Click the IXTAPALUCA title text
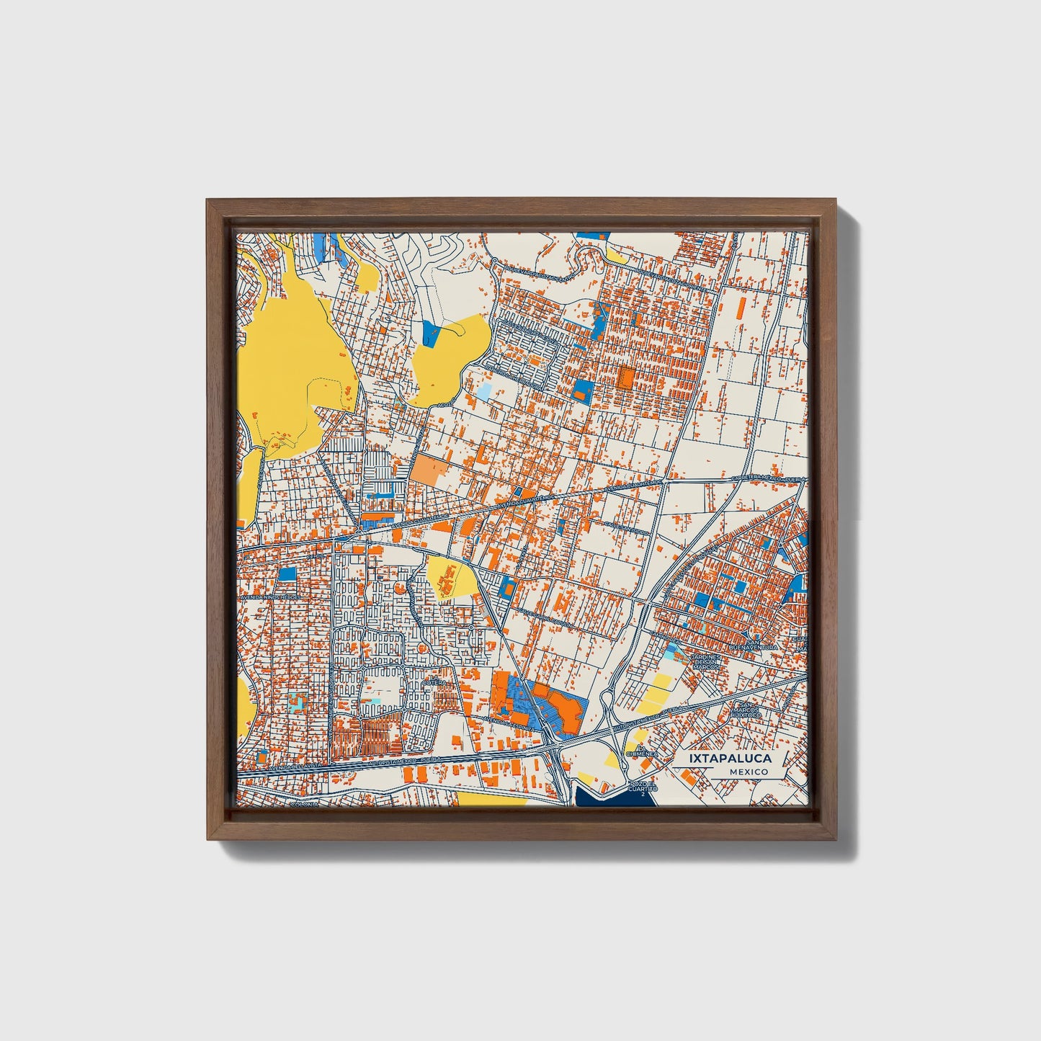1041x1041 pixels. pos(730,759)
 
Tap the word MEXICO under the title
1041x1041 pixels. pos(748,772)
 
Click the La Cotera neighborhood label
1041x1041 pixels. pos(437,681)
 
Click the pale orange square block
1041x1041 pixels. pos(428,470)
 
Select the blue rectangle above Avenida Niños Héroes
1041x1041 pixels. pos(287,573)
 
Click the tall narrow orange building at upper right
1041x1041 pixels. pos(741,308)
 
